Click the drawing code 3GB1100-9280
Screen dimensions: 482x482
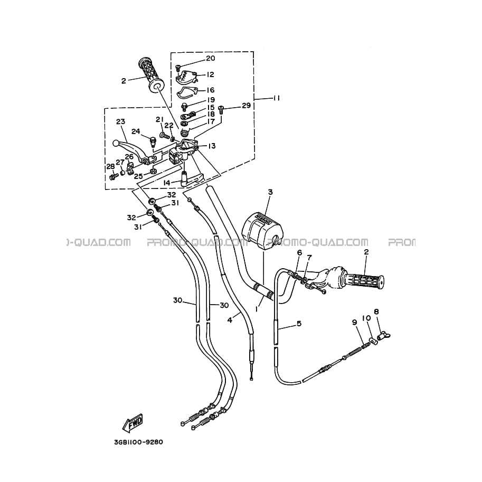[139, 442]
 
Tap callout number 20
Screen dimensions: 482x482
[211, 58]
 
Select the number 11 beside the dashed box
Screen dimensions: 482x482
[276, 98]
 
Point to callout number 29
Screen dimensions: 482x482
[246, 106]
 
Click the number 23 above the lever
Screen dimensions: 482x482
[120, 122]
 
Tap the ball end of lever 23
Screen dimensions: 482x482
[116, 143]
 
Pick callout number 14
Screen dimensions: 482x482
[167, 183]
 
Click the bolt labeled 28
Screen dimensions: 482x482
[114, 176]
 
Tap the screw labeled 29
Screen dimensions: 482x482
[221, 109]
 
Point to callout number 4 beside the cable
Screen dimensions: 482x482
[230, 320]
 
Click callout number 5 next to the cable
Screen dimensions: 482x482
[299, 324]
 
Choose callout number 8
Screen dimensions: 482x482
[376, 311]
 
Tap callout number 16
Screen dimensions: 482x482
[211, 90]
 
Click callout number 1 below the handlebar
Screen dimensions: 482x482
[257, 309]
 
